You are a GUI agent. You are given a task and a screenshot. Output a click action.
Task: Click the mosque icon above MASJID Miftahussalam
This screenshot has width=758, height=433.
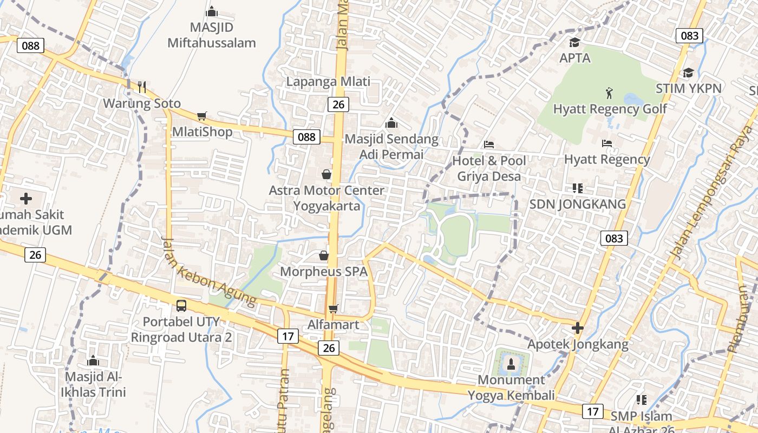pyautogui.click(x=212, y=11)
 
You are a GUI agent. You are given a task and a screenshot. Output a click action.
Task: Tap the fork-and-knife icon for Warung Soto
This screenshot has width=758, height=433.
pyautogui.click(x=142, y=87)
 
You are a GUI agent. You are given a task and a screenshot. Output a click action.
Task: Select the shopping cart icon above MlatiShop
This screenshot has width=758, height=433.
pyautogui.click(x=202, y=115)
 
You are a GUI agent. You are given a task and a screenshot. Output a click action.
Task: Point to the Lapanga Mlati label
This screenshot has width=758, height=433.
pyautogui.click(x=329, y=82)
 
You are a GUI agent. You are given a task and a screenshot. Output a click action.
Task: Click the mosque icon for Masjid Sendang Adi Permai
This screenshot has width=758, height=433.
pyautogui.click(x=391, y=123)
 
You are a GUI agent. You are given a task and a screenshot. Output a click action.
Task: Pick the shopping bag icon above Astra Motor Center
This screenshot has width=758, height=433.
pyautogui.click(x=326, y=174)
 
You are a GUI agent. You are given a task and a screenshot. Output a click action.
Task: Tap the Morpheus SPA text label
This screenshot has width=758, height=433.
pyautogui.click(x=324, y=271)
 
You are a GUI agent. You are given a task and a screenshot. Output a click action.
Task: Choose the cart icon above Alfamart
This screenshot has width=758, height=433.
pyautogui.click(x=333, y=308)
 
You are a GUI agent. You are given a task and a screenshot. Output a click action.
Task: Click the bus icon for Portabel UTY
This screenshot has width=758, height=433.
pyautogui.click(x=181, y=305)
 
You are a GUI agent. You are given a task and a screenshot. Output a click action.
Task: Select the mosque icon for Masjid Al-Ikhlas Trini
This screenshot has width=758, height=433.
pyautogui.click(x=93, y=360)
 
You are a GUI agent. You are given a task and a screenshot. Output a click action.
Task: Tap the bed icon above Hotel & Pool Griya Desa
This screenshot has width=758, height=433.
pyautogui.click(x=489, y=145)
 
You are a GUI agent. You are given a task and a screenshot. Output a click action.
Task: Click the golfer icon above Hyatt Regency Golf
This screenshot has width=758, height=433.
pyautogui.click(x=610, y=93)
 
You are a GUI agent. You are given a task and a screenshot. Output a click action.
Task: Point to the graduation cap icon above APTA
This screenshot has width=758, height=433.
pyautogui.click(x=574, y=42)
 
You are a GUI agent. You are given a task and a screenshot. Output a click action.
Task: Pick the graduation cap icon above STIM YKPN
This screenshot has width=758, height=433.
pyautogui.click(x=688, y=73)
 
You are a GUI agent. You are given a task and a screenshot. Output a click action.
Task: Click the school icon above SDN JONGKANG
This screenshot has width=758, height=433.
pyautogui.click(x=577, y=188)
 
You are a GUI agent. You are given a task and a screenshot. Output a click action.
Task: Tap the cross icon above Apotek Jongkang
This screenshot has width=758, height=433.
pyautogui.click(x=578, y=328)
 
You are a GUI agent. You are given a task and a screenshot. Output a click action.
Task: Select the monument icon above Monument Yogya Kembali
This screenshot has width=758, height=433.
pyautogui.click(x=511, y=364)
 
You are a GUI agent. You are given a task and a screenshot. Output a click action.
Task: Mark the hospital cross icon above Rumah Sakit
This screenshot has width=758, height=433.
pyautogui.click(x=26, y=199)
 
